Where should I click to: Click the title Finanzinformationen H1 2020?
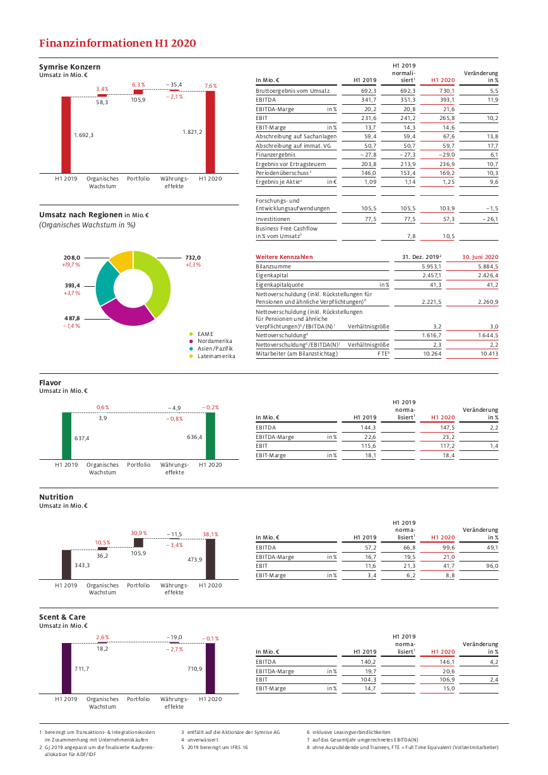point(117,43)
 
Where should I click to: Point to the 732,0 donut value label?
point(193,258)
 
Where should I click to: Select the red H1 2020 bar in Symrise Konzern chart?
point(210,132)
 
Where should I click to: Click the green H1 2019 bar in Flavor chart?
point(67,436)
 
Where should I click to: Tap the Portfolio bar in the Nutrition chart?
point(138,543)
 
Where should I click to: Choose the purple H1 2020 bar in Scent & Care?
point(210,668)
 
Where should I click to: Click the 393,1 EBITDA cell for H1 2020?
point(447,100)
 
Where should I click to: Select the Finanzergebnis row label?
point(275,155)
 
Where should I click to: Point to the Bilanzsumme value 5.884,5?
point(488,267)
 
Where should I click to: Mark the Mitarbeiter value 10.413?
point(489,354)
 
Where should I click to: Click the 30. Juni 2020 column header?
point(480,257)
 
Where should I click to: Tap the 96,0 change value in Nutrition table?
point(492,566)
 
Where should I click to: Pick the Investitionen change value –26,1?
point(491,219)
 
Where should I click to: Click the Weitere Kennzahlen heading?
point(284,257)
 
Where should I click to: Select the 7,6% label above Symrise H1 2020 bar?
point(211,86)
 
